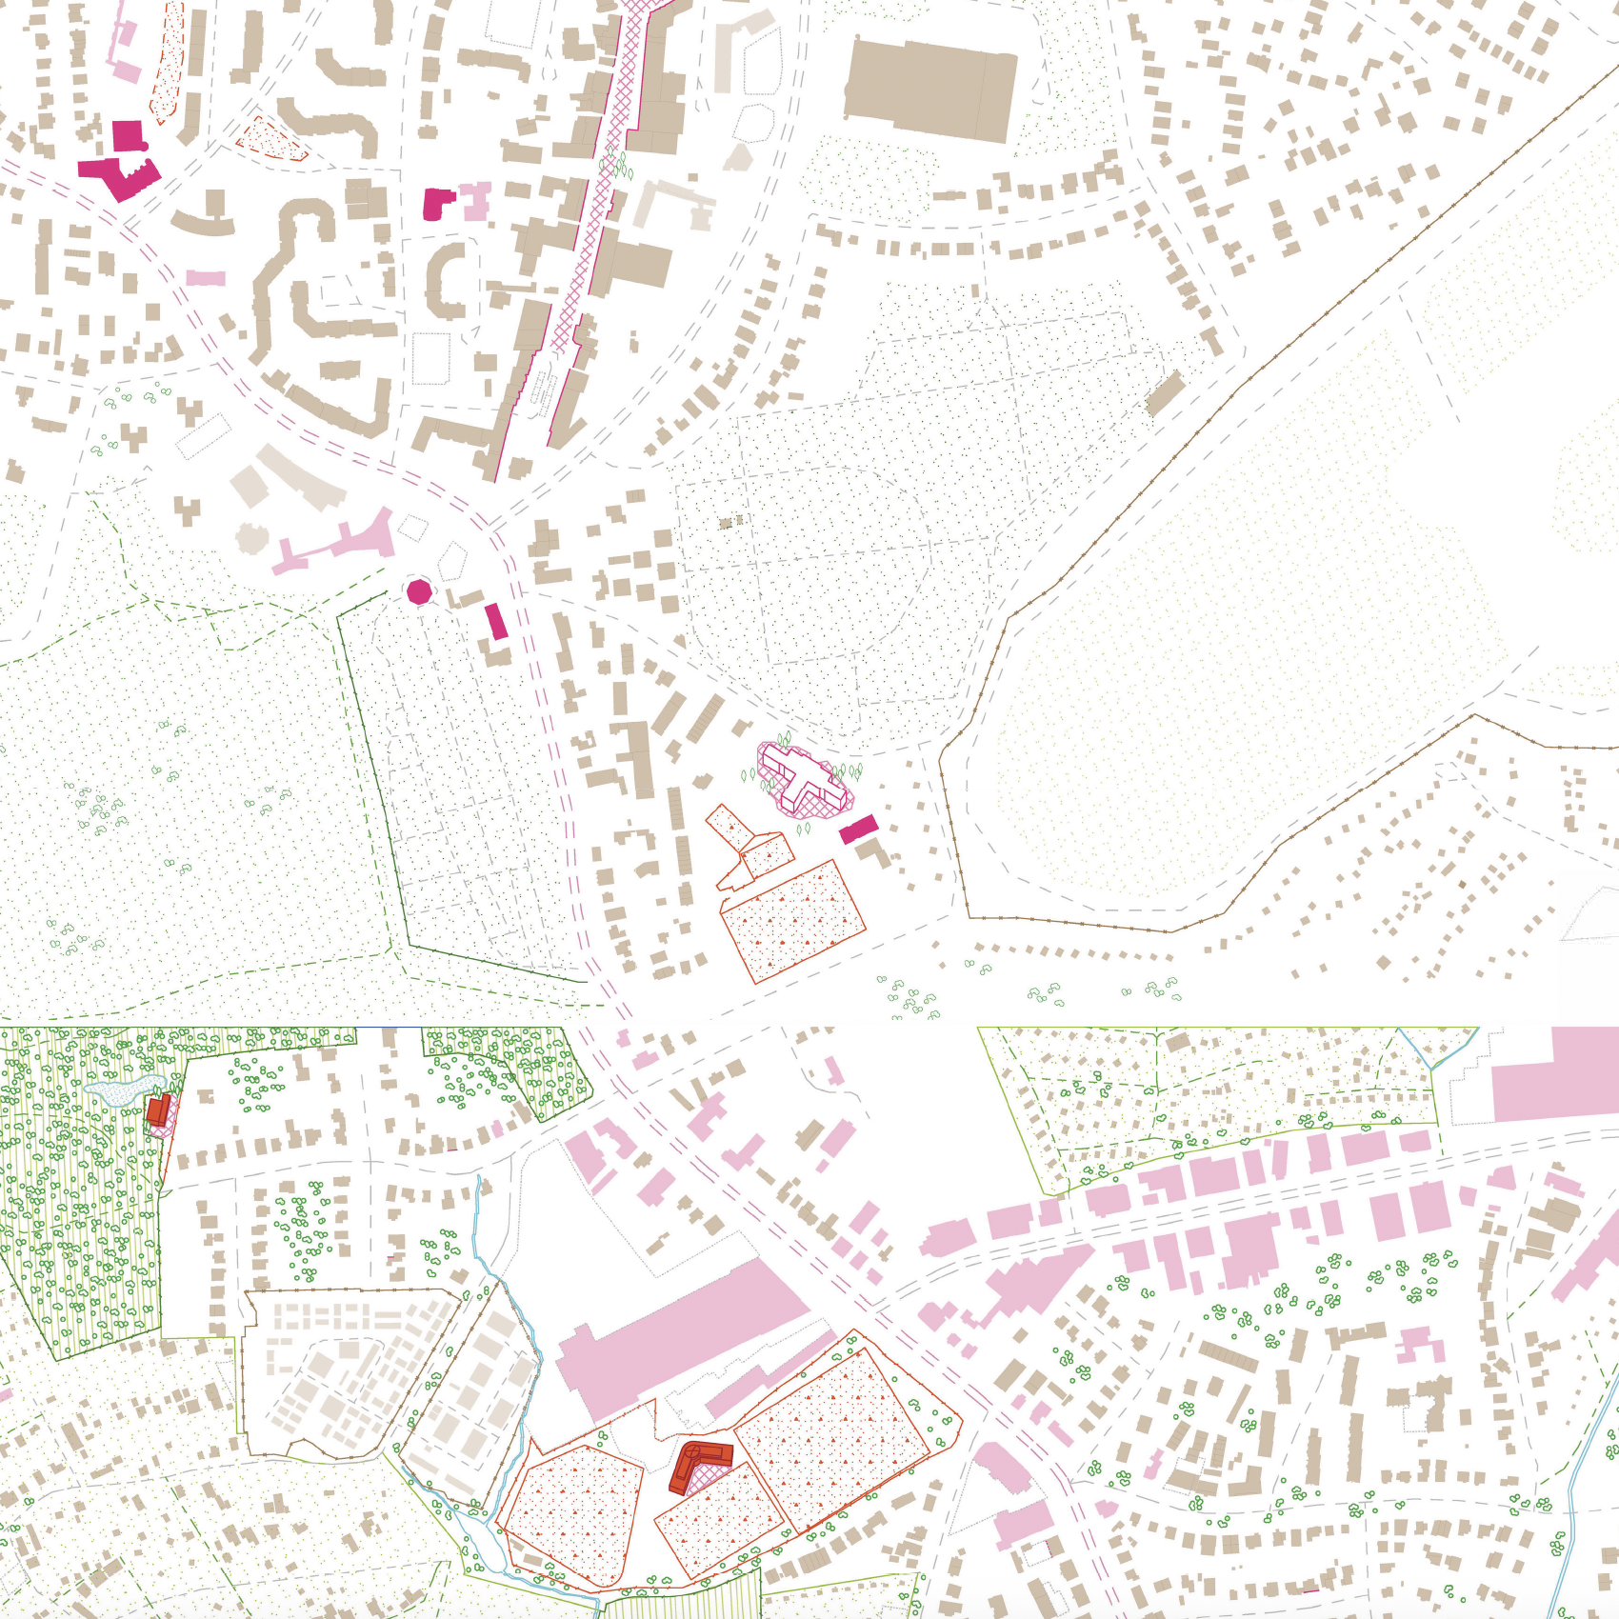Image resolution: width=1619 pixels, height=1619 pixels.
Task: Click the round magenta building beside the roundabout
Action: [x=419, y=592]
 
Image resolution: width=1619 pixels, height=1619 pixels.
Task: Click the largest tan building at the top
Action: [x=929, y=90]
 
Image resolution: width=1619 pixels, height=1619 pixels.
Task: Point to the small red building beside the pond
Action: [x=158, y=1109]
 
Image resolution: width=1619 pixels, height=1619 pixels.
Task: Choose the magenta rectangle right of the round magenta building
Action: [x=496, y=621]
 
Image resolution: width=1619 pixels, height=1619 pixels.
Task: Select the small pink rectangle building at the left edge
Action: [x=206, y=278]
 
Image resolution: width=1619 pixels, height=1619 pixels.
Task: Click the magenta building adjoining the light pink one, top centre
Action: [x=438, y=204]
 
